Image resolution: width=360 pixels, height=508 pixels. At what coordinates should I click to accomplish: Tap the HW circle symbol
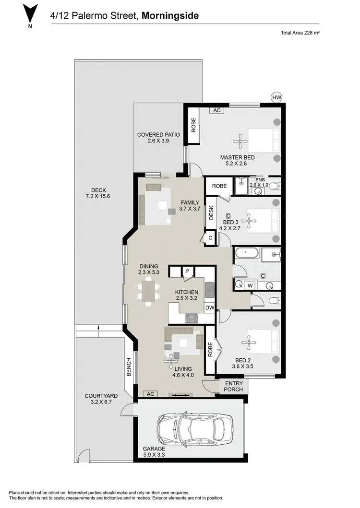[x=276, y=97]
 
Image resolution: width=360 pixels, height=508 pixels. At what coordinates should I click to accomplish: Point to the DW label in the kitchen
[x=209, y=307]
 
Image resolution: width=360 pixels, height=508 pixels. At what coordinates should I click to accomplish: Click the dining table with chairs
[x=148, y=292]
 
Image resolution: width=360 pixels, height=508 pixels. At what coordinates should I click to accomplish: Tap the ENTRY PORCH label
[x=234, y=386]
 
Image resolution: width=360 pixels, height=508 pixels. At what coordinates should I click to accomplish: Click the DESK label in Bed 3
[x=211, y=213]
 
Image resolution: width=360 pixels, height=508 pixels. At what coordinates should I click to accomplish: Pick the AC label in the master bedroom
[x=216, y=110]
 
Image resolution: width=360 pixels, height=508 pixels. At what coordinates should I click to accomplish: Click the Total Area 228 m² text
[x=300, y=33]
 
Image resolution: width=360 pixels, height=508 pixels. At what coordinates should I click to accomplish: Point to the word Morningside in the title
[x=170, y=16]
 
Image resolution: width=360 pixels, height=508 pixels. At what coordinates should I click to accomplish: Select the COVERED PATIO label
[x=158, y=138]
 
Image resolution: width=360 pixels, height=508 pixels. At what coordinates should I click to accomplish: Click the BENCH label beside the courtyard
[x=129, y=367]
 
